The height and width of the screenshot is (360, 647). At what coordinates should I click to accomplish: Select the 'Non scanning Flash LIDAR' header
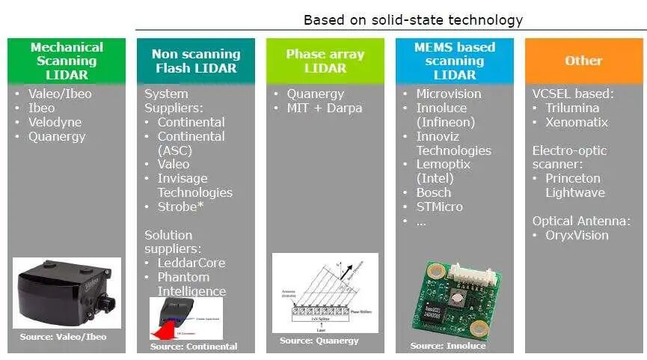coord(196,61)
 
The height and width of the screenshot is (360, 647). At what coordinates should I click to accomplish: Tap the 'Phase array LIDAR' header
coord(325,61)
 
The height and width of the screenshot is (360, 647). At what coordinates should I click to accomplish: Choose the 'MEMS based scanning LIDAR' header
coord(455,61)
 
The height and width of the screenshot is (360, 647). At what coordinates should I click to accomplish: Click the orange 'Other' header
coord(583,61)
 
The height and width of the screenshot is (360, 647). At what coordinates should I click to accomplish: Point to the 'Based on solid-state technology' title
coord(412,19)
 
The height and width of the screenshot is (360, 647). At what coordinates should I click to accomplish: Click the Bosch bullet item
coord(434,192)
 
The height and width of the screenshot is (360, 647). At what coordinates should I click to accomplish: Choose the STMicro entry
coord(440,207)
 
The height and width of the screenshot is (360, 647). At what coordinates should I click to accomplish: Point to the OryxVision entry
coord(577,235)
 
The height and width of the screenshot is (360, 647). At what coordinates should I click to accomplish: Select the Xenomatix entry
coord(577,122)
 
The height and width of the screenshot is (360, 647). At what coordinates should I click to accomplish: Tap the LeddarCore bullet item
coord(191,263)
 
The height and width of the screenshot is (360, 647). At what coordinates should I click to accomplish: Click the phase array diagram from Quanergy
coord(325,293)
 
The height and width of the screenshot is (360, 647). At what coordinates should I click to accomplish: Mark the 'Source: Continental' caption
coord(194,347)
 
